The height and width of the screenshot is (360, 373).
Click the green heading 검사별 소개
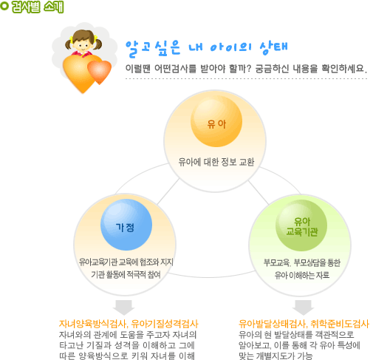coord(38,7)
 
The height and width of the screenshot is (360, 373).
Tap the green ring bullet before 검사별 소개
coord(4,6)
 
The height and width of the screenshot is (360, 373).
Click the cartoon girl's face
coord(83,44)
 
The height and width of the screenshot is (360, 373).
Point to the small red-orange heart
coord(99,72)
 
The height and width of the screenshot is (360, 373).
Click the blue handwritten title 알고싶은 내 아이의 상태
coord(207,48)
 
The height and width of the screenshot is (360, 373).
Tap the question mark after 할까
coord(248,69)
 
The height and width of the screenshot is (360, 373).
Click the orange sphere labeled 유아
coord(216,121)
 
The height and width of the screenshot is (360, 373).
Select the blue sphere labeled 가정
coord(126,225)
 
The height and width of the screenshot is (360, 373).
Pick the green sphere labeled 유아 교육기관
coord(301,225)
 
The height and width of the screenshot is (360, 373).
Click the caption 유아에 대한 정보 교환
coord(216,162)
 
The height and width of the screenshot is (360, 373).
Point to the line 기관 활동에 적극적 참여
coord(126,274)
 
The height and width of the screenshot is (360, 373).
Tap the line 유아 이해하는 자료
coord(302,275)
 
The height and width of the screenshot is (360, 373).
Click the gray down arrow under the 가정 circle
coord(123,308)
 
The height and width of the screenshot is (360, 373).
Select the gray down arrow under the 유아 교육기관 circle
coord(303,308)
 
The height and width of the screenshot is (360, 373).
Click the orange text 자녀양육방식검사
coord(93,324)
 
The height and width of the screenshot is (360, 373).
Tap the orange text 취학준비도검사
coord(340,324)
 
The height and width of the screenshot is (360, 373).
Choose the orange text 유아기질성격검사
coord(165,324)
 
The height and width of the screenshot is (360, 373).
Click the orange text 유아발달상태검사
coord(272,324)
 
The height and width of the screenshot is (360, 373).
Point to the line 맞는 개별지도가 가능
coord(276,356)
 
